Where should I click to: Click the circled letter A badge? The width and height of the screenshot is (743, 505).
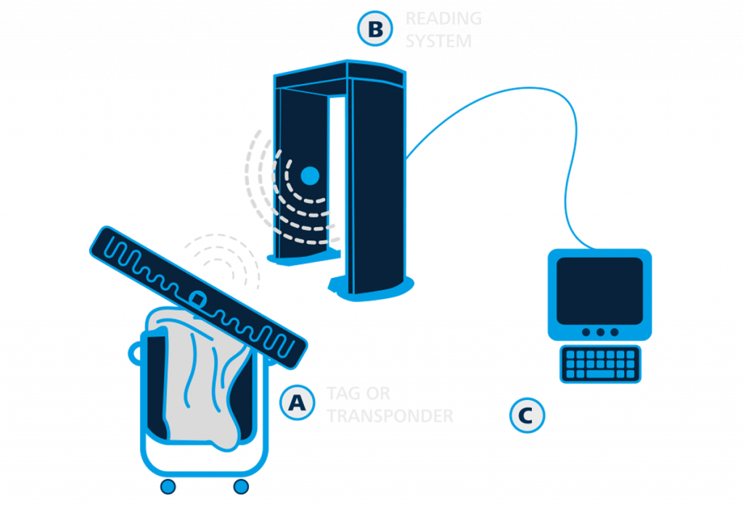tap(297, 403)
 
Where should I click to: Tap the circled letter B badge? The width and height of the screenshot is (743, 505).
tap(375, 28)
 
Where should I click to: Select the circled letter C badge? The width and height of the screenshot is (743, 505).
tap(526, 416)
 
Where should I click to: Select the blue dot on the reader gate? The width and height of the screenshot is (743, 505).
tap(310, 175)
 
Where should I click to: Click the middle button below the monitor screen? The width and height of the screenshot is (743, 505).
tap(599, 332)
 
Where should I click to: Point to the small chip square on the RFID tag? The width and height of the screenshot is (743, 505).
tap(197, 296)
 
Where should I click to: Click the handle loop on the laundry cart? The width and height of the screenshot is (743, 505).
tap(134, 353)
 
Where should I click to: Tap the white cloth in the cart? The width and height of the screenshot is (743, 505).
tap(196, 385)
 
